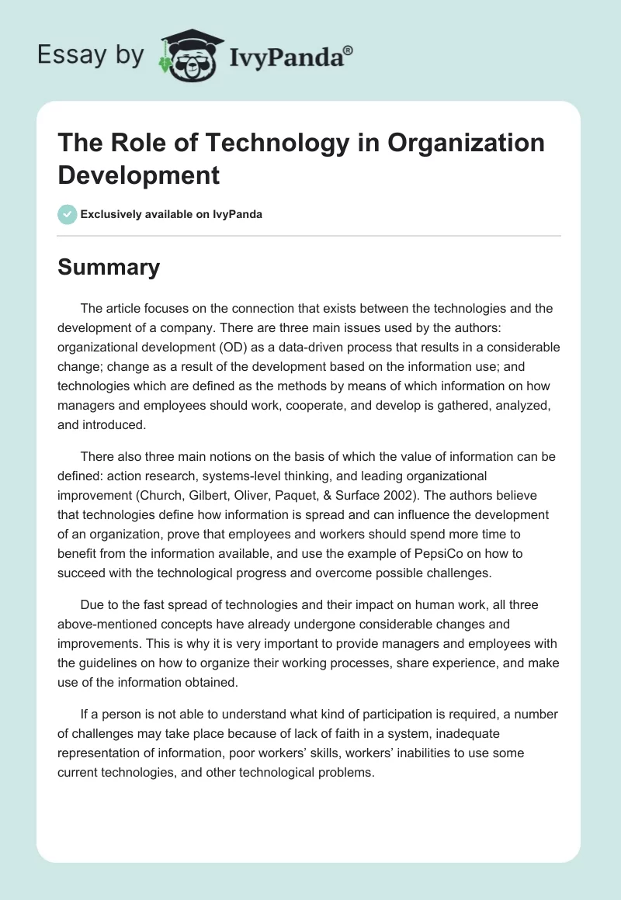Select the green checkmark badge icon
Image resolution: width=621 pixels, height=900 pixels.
point(68,214)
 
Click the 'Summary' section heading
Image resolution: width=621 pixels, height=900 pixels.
point(109,268)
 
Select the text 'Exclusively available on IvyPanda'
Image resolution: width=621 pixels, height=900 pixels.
point(172,214)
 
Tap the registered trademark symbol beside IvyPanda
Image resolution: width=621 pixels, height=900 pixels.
point(349,50)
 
